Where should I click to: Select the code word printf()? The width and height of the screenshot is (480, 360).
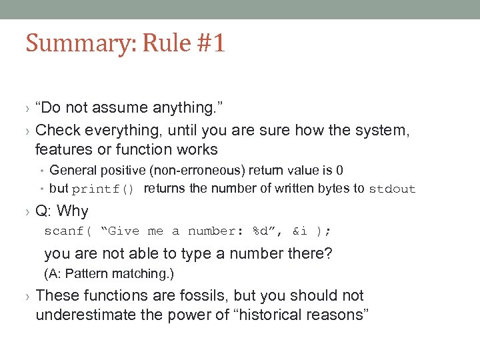click(x=103, y=189)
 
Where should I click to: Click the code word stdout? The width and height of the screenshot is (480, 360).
click(x=392, y=189)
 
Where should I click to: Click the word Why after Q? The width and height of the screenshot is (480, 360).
click(x=72, y=211)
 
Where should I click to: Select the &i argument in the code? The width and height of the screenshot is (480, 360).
click(x=299, y=231)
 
